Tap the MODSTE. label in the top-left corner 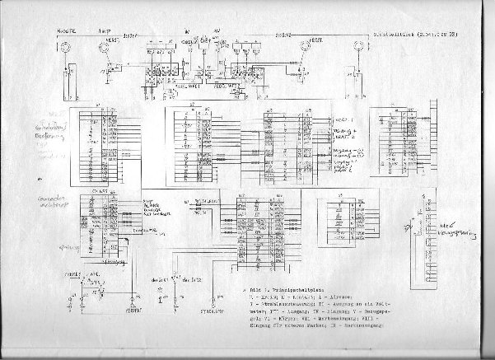(67, 30)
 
